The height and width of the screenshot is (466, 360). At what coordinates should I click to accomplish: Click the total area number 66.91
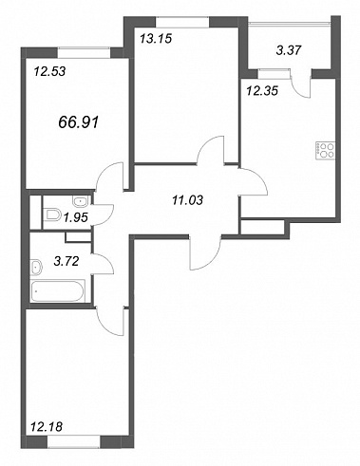[79, 122]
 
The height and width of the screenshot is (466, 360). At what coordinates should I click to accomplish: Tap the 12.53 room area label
[49, 71]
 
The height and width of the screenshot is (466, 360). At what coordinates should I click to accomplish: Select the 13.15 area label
[156, 38]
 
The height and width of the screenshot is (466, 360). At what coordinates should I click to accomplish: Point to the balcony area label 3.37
[288, 50]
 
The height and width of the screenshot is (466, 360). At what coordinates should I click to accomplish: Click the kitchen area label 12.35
[262, 91]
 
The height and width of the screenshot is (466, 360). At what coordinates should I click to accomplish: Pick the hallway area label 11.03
[187, 200]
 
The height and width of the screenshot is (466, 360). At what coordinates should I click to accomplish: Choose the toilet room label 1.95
[75, 217]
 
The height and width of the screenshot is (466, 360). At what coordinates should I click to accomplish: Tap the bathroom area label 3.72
[66, 261]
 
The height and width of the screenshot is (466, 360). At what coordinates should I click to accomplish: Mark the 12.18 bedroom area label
[47, 427]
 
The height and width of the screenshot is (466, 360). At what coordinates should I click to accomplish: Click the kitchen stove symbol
[325, 151]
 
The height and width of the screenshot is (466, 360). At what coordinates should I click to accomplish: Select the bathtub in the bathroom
[58, 291]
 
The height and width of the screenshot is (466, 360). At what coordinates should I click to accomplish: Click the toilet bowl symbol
[52, 214]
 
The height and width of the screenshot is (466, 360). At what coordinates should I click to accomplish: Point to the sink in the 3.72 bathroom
[36, 268]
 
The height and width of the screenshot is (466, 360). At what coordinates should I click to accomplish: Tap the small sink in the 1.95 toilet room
[82, 201]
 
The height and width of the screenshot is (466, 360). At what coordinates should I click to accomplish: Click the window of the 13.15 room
[182, 22]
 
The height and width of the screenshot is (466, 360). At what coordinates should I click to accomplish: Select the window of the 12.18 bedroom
[74, 442]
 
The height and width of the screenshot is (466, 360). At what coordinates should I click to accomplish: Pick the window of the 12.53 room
[85, 52]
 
